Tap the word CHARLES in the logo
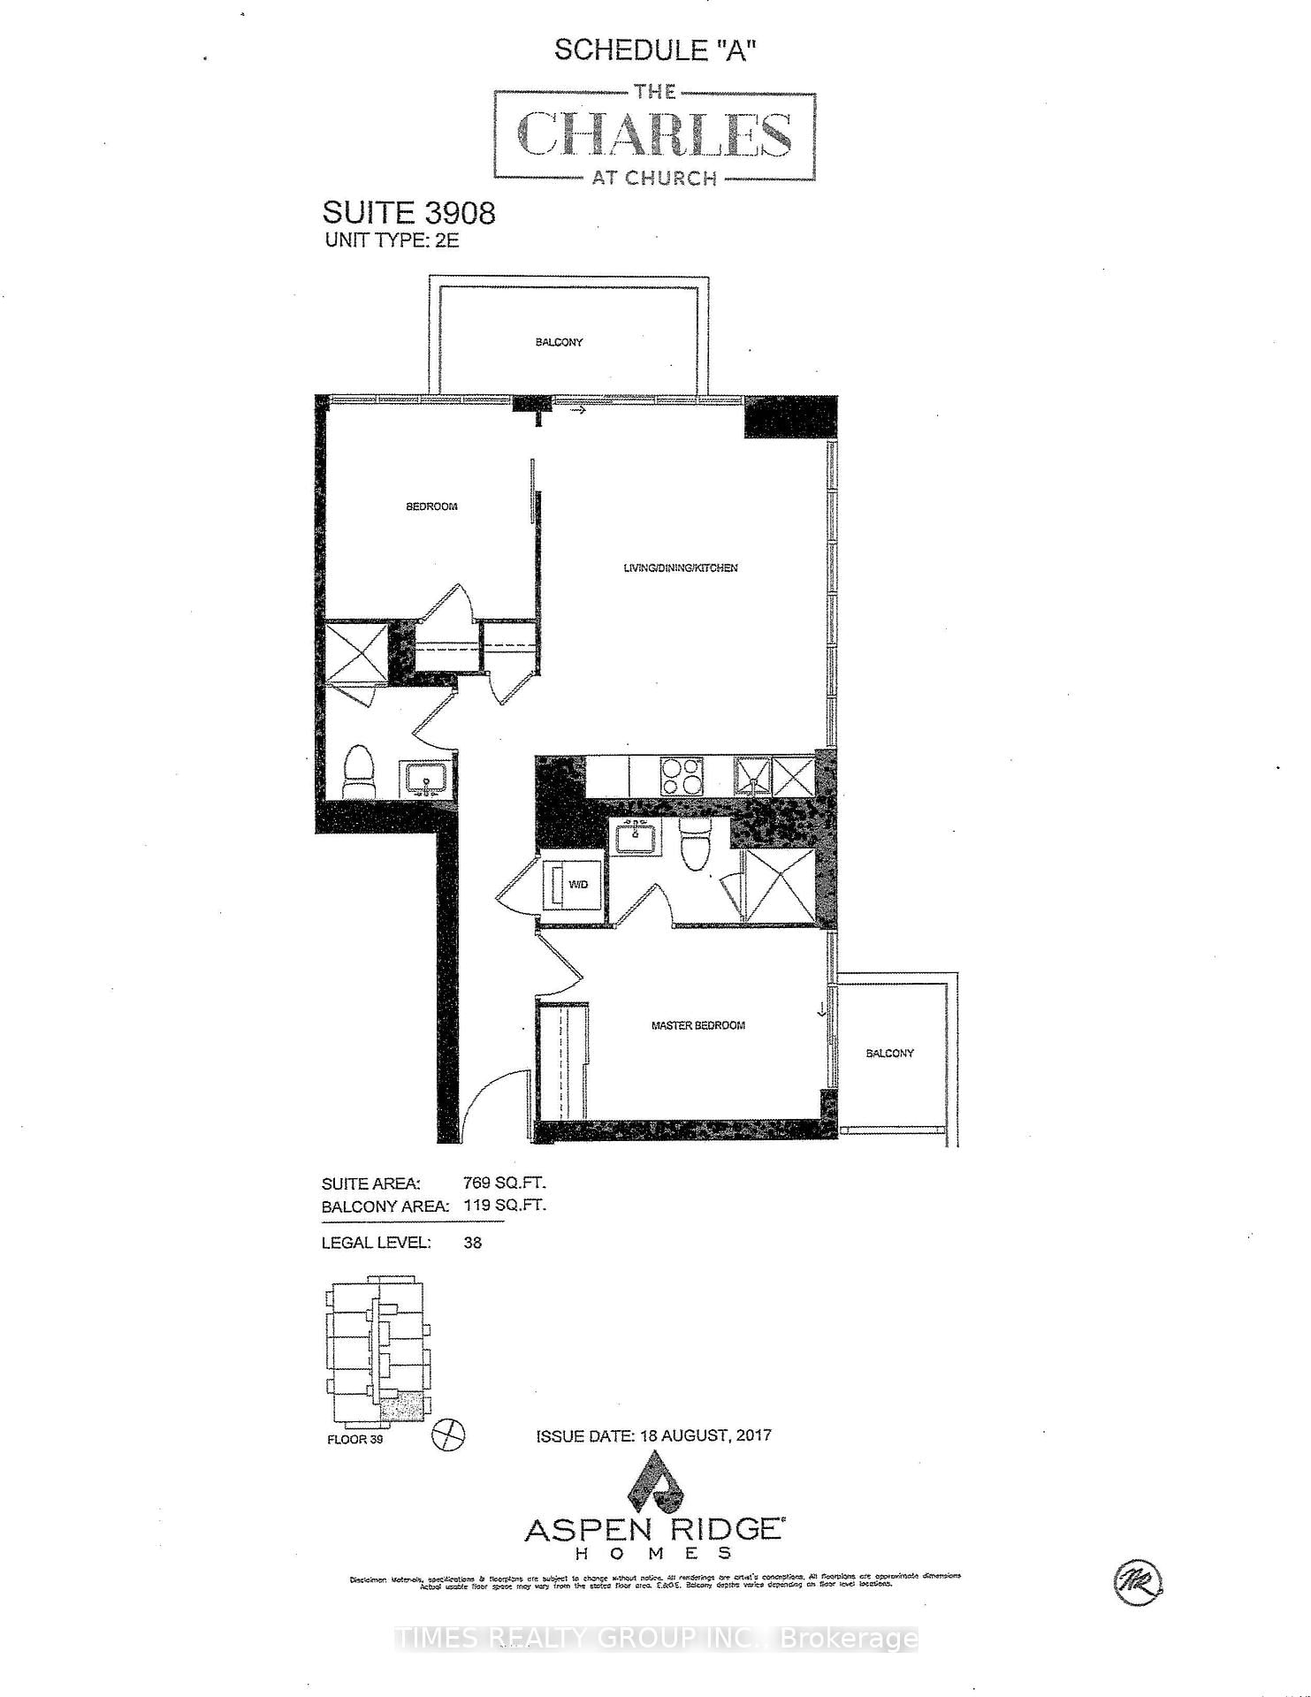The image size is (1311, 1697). point(654,135)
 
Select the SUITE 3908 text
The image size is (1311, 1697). point(408,213)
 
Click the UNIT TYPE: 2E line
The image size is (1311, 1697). point(392,240)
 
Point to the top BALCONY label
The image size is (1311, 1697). point(559,342)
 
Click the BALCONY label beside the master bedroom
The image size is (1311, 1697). point(889,1053)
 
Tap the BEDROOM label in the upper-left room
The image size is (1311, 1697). point(431,506)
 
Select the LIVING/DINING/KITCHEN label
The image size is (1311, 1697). point(680,567)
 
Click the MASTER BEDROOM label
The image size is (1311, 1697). point(697,1025)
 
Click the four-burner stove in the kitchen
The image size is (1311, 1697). point(681,777)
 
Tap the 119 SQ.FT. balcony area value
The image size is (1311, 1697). point(505,1205)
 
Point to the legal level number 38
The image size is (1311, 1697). point(472,1242)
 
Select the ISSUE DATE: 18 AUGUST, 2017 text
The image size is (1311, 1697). point(653,1435)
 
